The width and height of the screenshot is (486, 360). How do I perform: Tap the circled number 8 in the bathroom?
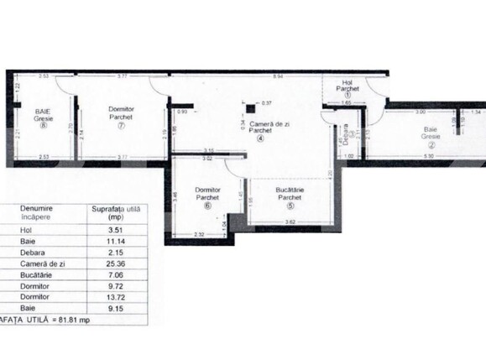(x=39, y=128)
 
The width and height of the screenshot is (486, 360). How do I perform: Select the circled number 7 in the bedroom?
(x=122, y=126)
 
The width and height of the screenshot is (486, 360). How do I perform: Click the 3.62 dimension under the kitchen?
(x=290, y=221)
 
